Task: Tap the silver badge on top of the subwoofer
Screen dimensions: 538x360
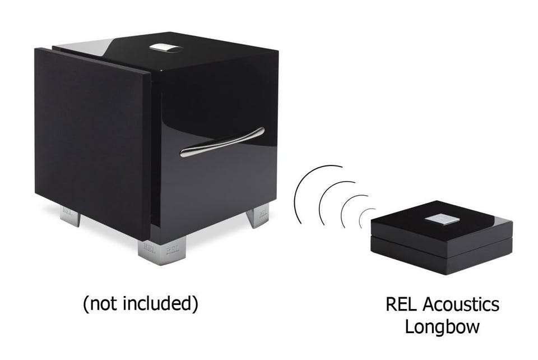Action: [x=166, y=48]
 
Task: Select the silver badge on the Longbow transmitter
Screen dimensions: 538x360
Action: [x=442, y=220]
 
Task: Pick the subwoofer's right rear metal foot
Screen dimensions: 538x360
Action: [x=258, y=215]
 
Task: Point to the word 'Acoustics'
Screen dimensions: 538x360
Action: [x=461, y=304]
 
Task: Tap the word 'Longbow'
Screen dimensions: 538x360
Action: [x=442, y=327]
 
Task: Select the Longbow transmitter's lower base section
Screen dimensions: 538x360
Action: [x=442, y=254]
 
